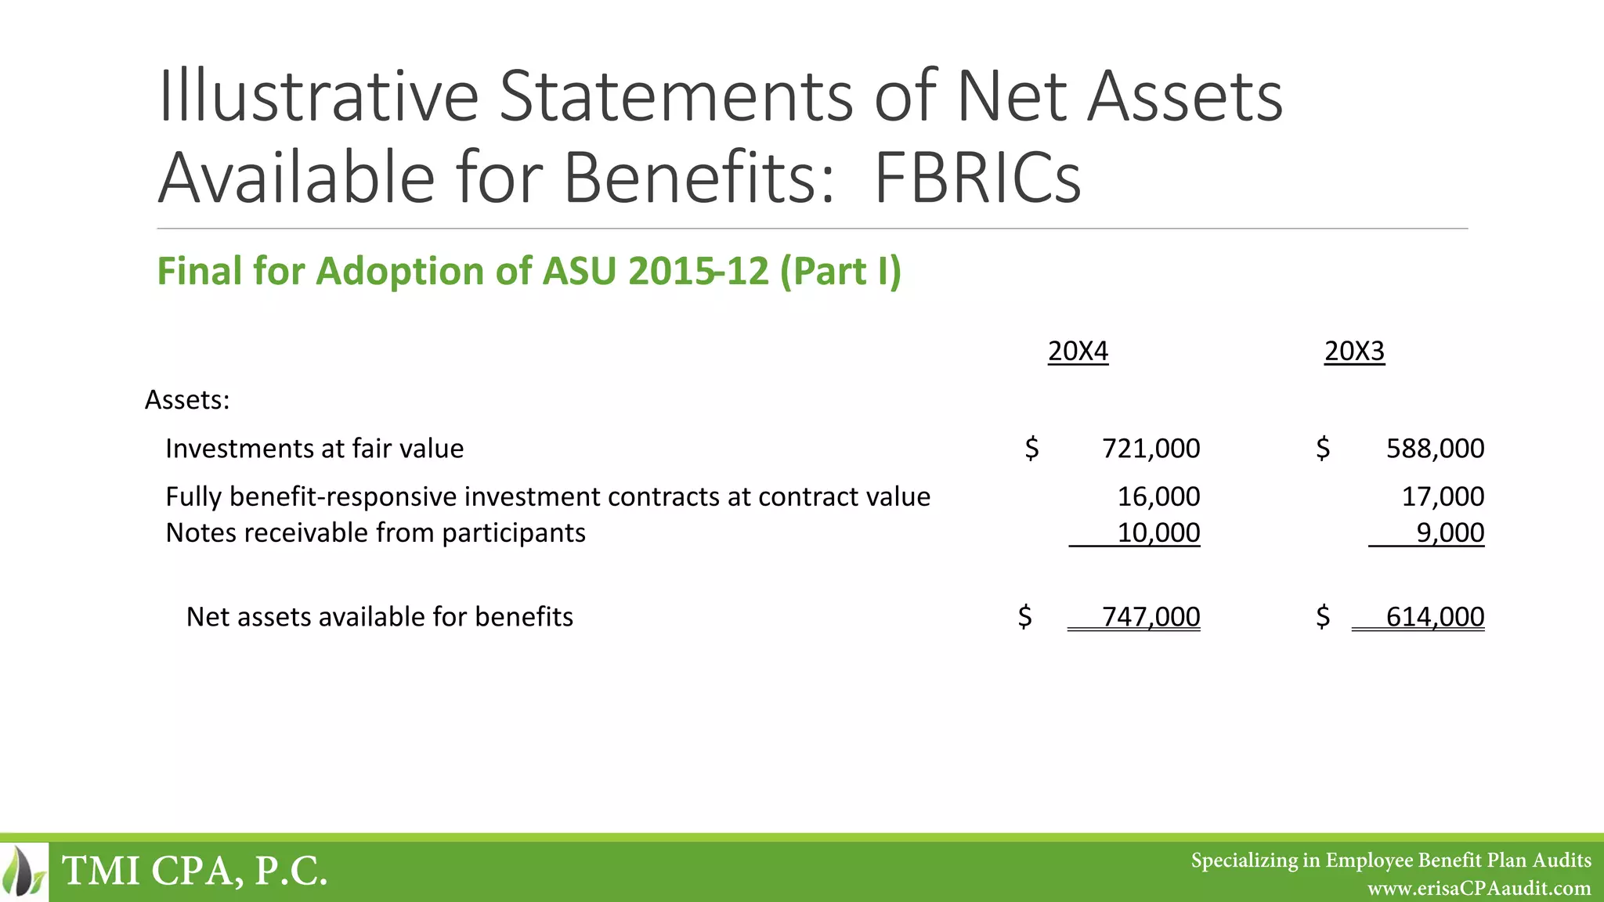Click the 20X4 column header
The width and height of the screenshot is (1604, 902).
[1078, 351]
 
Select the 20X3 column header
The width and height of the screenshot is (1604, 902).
[1354, 351]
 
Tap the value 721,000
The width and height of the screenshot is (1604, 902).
[1151, 449]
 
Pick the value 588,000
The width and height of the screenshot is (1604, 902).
[1435, 449]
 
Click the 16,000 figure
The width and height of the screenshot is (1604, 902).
[1158, 496]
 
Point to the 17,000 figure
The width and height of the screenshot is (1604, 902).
[1443, 496]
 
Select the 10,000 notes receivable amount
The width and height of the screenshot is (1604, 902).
[1158, 533]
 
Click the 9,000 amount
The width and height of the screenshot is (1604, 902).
[1450, 533]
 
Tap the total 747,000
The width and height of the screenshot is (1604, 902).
[1151, 617]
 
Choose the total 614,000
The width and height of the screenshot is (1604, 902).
[1435, 617]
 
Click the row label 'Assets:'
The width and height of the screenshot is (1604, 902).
[187, 400]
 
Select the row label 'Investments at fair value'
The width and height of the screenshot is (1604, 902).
[314, 449]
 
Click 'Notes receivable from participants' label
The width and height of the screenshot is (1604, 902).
[375, 533]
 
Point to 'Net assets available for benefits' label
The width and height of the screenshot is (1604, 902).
[379, 617]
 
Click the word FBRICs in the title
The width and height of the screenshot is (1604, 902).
[977, 178]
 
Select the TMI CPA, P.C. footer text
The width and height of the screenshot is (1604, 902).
[194, 871]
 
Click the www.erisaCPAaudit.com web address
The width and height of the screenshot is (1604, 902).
[1479, 889]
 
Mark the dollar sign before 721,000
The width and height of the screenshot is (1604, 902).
[1031, 449]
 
